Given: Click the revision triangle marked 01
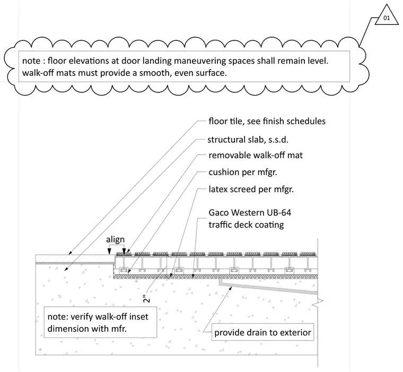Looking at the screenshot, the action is (387, 16).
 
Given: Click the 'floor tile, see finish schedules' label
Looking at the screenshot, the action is (267, 121).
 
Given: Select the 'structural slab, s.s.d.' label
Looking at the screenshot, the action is (248, 140).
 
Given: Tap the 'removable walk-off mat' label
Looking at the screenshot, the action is (256, 155).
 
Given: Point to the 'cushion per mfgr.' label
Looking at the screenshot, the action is (243, 172).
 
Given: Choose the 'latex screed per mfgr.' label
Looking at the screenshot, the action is (251, 189).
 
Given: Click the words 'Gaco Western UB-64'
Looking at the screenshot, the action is (250, 212).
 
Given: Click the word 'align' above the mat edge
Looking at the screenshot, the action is (115, 240).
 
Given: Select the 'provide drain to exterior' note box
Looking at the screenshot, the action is (262, 332).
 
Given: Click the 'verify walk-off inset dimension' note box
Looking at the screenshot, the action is (100, 322).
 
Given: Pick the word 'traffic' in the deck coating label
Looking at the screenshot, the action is (220, 224).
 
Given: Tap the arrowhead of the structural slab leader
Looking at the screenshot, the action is (66, 269).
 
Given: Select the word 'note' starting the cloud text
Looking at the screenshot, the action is (31, 61).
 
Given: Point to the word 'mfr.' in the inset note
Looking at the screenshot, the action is (119, 328).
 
